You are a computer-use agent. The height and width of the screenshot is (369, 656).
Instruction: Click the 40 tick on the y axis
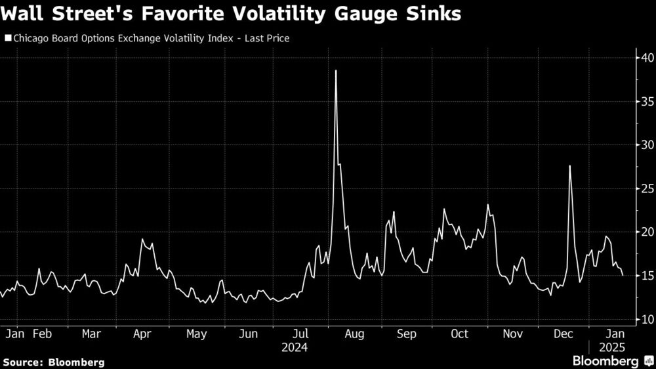pyautogui.click(x=646, y=58)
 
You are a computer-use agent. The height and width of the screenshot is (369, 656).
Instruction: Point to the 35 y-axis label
pyautogui.click(x=646, y=102)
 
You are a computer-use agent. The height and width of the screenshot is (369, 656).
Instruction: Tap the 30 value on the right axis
pyautogui.click(x=646, y=145)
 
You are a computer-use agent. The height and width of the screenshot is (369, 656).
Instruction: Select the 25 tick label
pyautogui.click(x=646, y=188)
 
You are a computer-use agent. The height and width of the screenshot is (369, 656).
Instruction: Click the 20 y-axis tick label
pyautogui.click(x=646, y=232)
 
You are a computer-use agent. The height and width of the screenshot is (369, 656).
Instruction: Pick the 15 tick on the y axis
pyautogui.click(x=646, y=276)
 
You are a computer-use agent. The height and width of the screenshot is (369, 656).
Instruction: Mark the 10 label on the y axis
pyautogui.click(x=646, y=320)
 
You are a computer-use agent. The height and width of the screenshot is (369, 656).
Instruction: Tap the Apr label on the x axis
pyautogui.click(x=142, y=334)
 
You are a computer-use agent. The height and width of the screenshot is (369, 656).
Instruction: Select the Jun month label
pyautogui.click(x=248, y=334)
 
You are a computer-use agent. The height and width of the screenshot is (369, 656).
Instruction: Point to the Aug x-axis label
pyautogui.click(x=354, y=334)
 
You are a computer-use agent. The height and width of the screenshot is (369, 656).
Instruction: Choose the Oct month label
pyautogui.click(x=460, y=334)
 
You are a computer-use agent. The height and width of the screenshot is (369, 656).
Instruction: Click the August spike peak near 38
pyautogui.click(x=336, y=71)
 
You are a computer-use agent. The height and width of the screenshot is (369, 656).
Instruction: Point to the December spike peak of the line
pyautogui.click(x=569, y=166)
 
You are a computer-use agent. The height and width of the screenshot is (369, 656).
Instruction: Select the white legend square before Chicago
pyautogui.click(x=7, y=38)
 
